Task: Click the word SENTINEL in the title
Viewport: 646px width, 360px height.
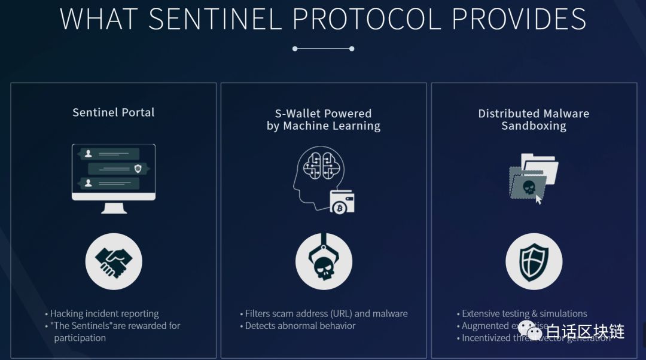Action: pyautogui.click(x=214, y=19)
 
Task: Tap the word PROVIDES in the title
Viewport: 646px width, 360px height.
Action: pyautogui.click(x=519, y=19)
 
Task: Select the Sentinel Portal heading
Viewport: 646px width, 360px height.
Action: pyautogui.click(x=114, y=112)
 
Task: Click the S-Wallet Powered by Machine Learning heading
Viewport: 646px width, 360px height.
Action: pyautogui.click(x=324, y=120)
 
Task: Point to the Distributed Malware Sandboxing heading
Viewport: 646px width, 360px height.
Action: pyautogui.click(x=534, y=120)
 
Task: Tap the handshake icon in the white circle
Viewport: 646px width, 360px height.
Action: pyautogui.click(x=114, y=261)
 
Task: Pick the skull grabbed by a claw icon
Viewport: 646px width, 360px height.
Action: pyautogui.click(x=324, y=261)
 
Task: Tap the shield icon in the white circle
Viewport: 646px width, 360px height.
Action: pyautogui.click(x=534, y=261)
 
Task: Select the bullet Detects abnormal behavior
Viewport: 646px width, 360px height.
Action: pyautogui.click(x=300, y=326)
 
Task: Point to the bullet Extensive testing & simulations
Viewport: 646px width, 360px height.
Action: pyautogui.click(x=524, y=313)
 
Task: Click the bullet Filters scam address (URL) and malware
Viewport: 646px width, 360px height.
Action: pyautogui.click(x=326, y=313)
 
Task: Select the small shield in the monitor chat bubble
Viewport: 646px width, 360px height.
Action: pyautogui.click(x=138, y=169)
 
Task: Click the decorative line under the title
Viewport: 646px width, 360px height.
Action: pyautogui.click(x=324, y=48)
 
